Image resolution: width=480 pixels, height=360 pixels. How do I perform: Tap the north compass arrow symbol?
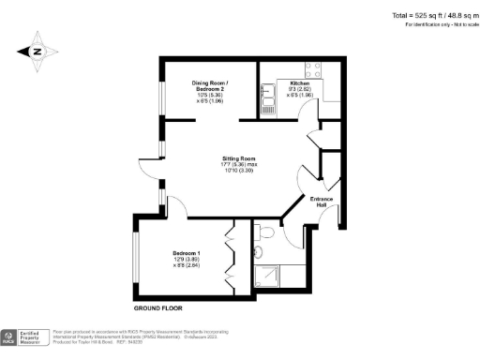click(x=37, y=52)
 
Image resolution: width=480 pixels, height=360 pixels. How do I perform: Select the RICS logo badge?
click(x=10, y=336)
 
